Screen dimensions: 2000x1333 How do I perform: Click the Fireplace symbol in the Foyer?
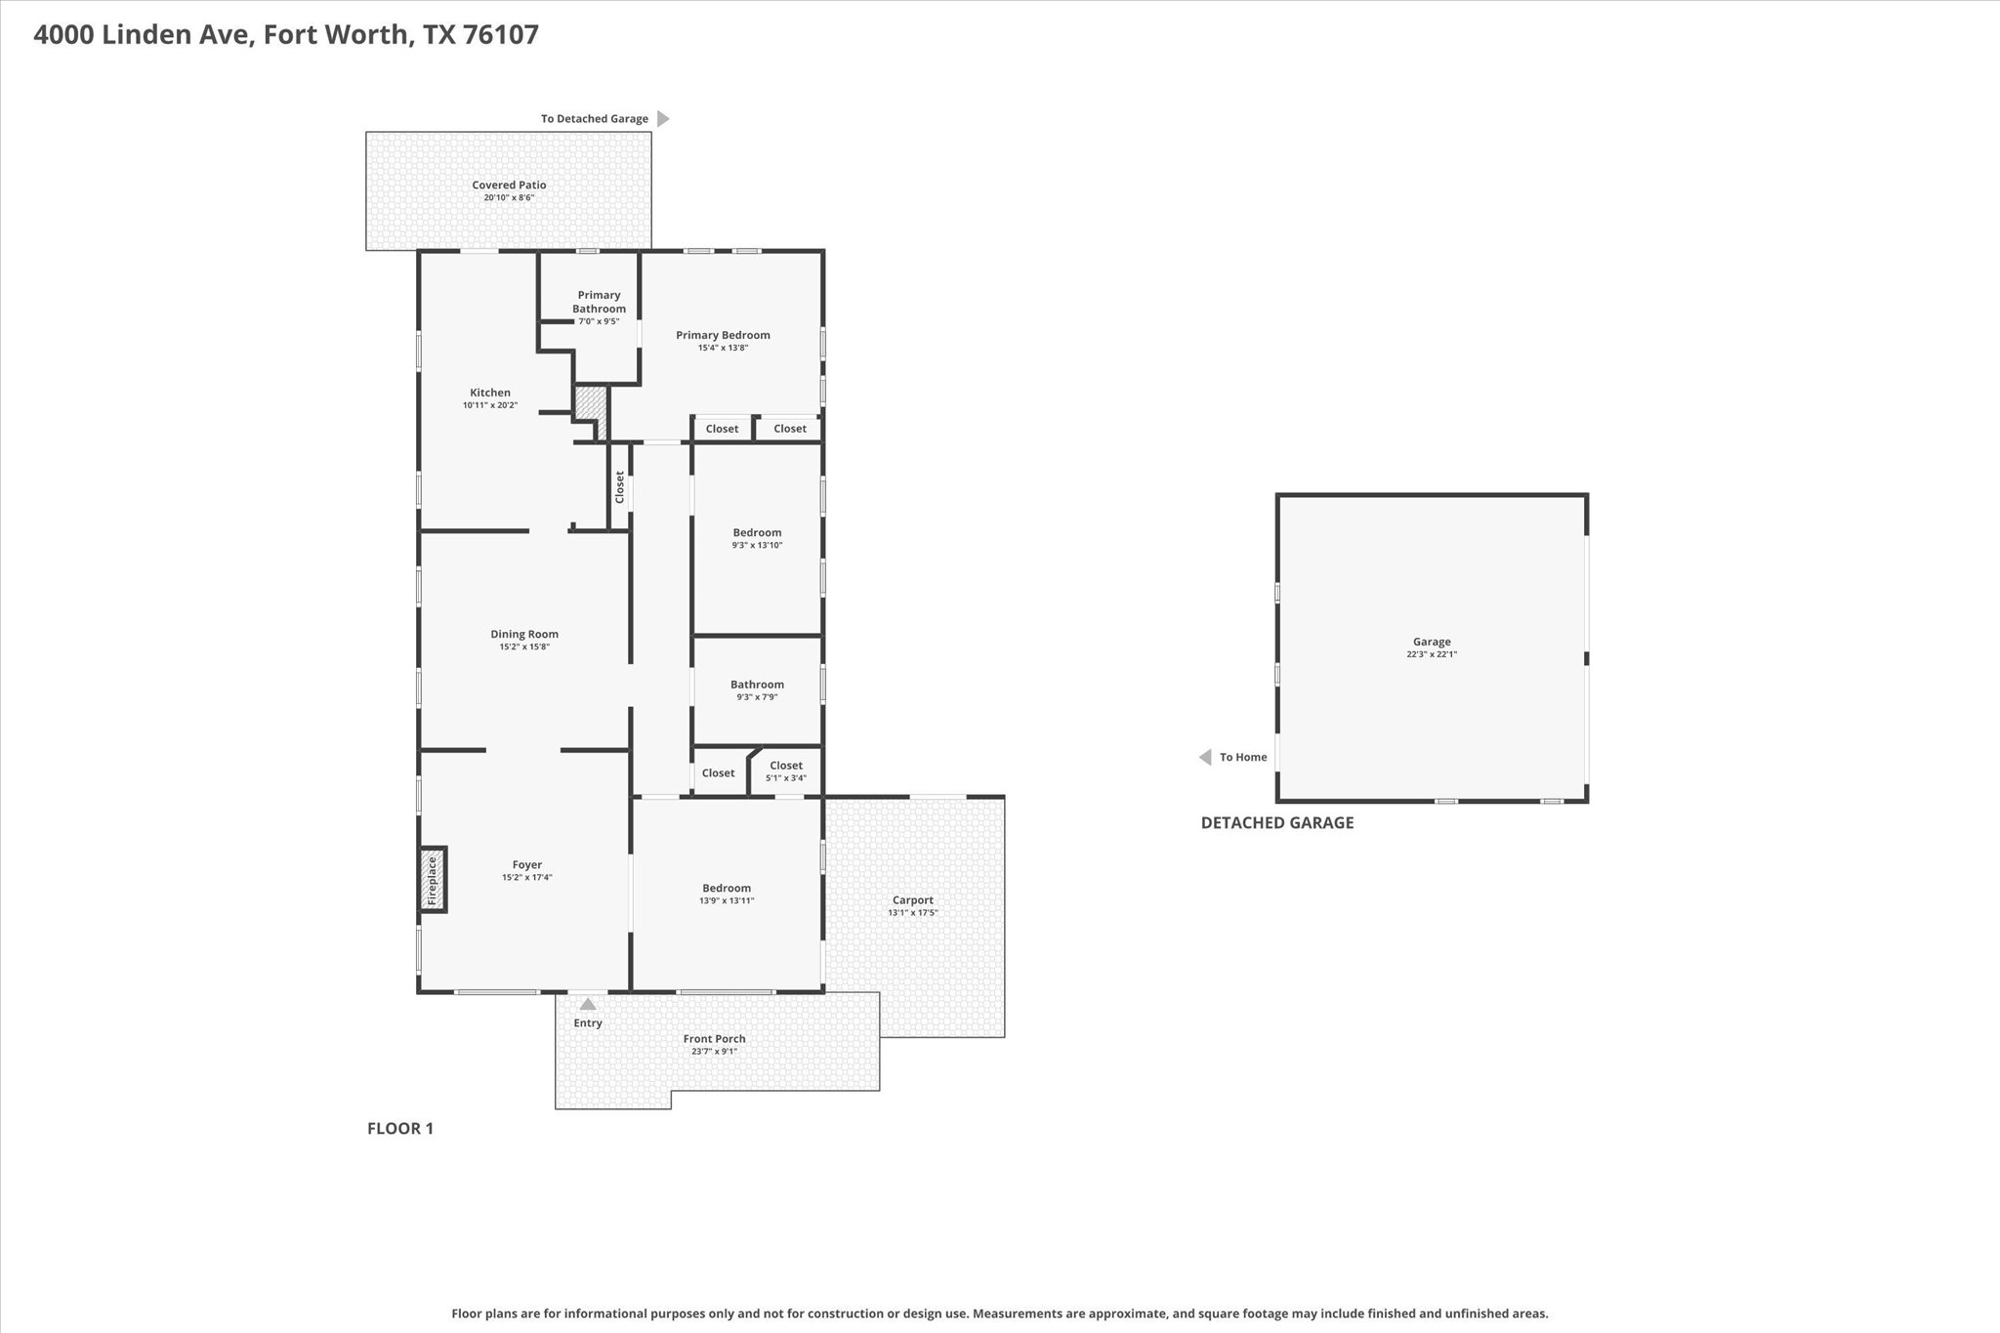[434, 880]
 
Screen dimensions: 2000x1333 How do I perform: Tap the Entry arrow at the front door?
[588, 1003]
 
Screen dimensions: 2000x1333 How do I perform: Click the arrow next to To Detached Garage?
[663, 119]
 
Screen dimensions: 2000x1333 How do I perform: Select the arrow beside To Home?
[1205, 757]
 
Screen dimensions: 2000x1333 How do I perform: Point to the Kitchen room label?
[490, 393]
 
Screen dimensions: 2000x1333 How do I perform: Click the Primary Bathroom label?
[600, 302]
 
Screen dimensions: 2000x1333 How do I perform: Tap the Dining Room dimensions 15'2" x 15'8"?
[525, 646]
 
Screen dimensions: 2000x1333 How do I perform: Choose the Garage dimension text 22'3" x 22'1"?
[1432, 654]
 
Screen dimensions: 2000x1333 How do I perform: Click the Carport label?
[913, 900]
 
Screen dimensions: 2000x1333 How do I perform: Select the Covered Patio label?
[510, 185]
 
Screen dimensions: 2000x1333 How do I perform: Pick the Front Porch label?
[715, 1039]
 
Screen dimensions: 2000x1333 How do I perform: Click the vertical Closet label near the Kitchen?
[619, 487]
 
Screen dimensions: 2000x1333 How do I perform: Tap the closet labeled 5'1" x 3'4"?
[786, 766]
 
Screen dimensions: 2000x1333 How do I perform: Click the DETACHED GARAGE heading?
[1277, 822]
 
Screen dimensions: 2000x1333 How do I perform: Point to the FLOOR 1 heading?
[400, 1129]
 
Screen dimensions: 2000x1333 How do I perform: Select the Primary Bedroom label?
[724, 335]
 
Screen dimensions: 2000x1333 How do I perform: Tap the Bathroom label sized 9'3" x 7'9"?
[758, 685]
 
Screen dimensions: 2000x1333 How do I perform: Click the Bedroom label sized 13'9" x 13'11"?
[727, 888]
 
